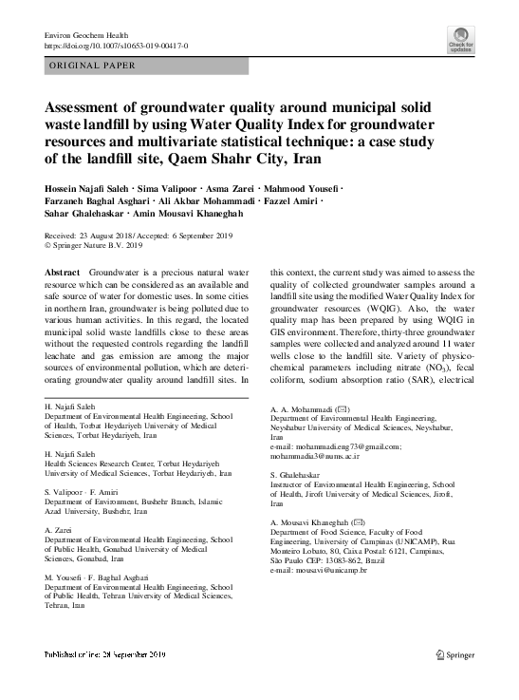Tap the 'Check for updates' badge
tap(461, 43)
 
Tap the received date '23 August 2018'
tap(115, 234)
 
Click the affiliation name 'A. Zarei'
tap(59, 529)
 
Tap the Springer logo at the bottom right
tap(454, 680)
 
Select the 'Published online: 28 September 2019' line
tap(105, 681)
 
